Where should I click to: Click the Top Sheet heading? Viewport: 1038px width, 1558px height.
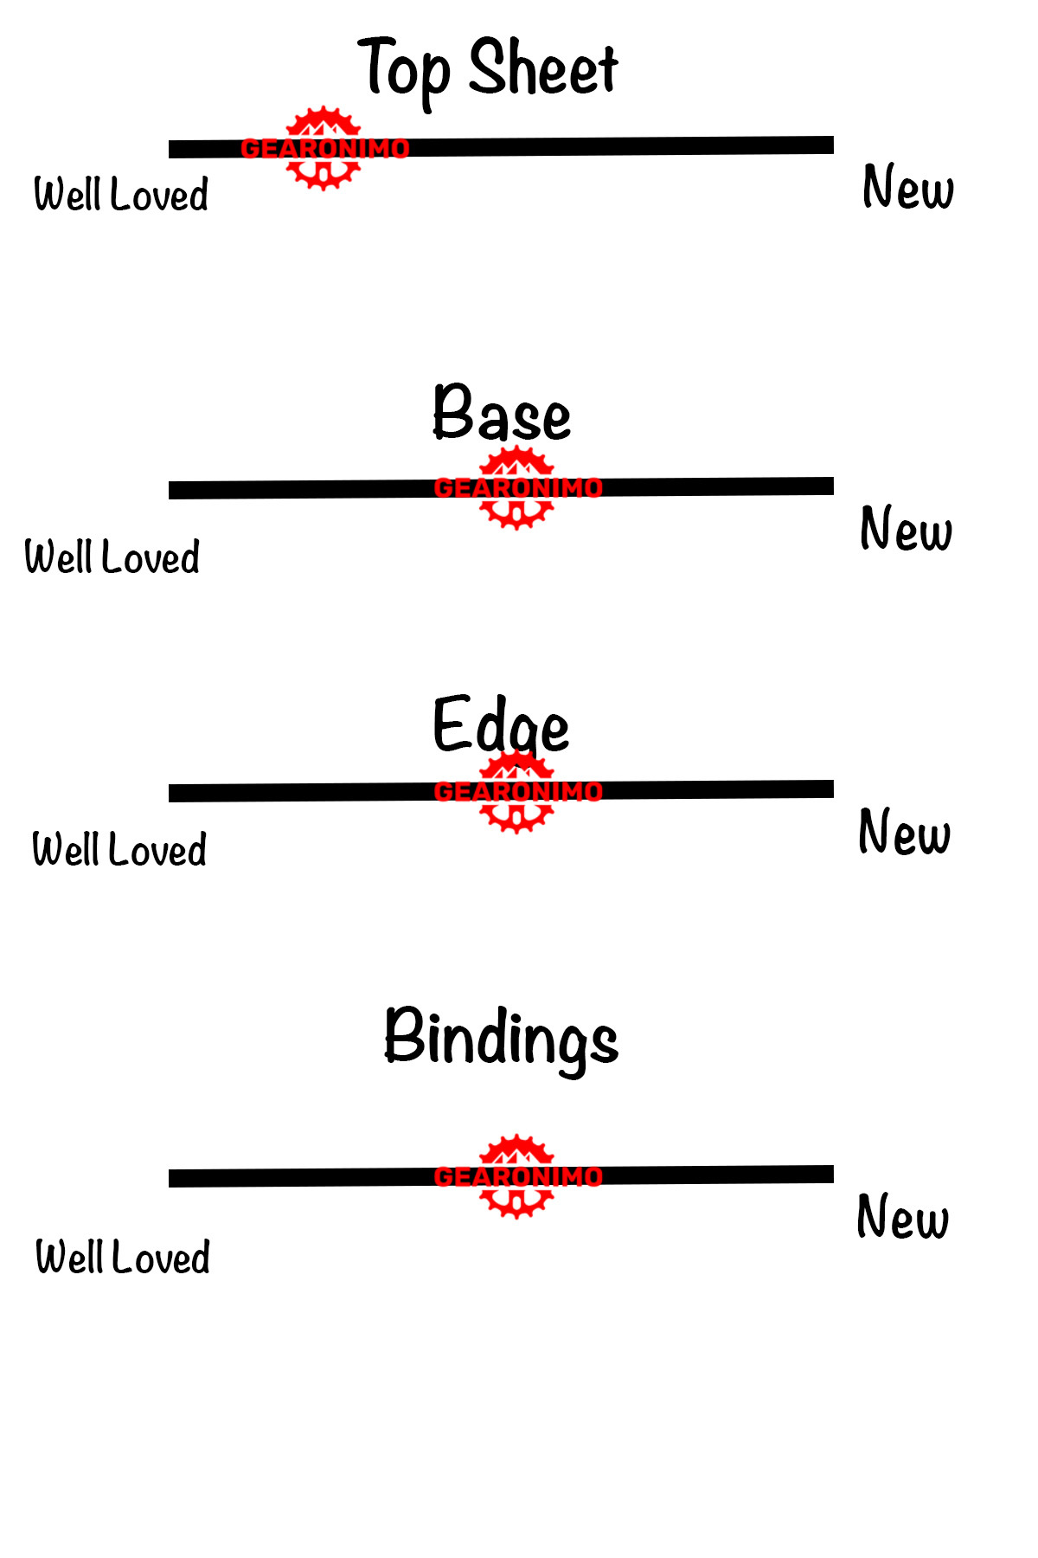(x=489, y=69)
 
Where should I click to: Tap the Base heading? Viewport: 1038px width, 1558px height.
(x=502, y=415)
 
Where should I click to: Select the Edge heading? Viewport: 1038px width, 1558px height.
(x=501, y=725)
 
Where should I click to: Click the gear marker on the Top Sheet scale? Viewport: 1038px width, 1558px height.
(x=324, y=149)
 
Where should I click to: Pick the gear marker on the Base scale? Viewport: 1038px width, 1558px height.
(x=517, y=488)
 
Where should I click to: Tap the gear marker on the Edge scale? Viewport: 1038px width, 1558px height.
(x=517, y=791)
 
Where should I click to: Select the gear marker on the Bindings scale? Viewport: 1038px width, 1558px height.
(x=517, y=1176)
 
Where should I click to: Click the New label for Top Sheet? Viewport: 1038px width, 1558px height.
(x=908, y=188)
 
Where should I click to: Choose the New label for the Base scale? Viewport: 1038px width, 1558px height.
(x=906, y=530)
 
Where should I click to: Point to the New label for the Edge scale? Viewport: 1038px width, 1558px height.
(x=904, y=833)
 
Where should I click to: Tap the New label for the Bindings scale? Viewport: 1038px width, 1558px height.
(x=902, y=1218)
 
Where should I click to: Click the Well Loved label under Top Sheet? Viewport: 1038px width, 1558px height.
(x=121, y=195)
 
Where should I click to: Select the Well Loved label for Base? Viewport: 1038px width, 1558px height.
(x=112, y=557)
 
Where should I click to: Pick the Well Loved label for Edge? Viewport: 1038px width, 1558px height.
(x=119, y=850)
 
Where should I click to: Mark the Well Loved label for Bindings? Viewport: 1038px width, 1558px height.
(x=123, y=1258)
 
